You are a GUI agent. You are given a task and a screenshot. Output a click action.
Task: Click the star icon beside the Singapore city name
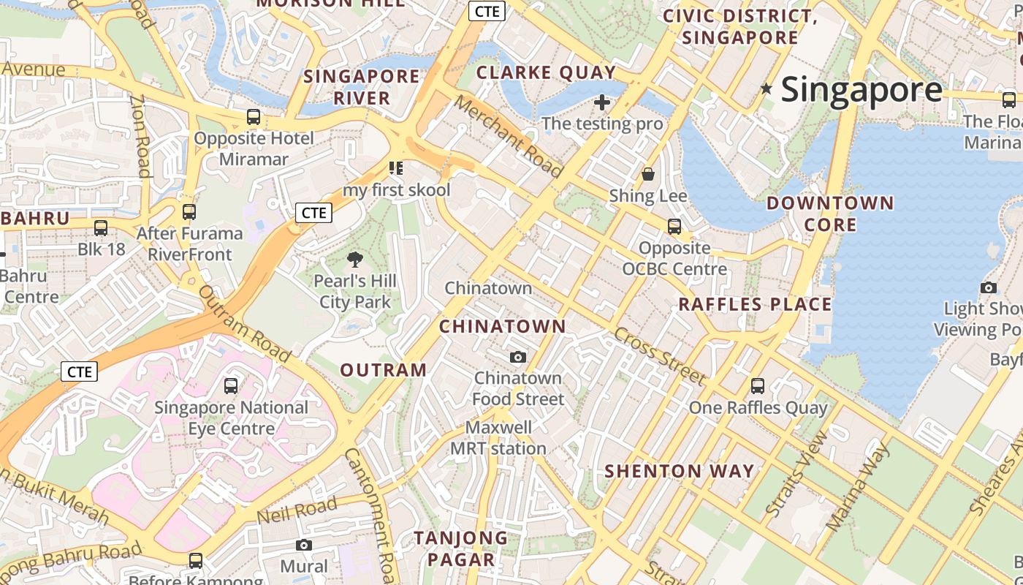coord(766,89)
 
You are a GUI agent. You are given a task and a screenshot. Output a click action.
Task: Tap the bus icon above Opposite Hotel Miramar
coord(253,116)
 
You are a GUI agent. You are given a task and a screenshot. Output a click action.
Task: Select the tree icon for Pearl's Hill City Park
coord(355,259)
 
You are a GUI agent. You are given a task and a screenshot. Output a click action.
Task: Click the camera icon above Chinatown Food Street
coord(518,357)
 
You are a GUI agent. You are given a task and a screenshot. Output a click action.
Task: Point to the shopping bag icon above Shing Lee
coord(647,174)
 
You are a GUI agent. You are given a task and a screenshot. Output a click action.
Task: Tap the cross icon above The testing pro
coord(602,102)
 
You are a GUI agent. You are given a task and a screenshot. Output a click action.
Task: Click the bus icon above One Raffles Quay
coord(758,385)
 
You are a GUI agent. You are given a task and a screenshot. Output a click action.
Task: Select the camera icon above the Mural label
coord(304,545)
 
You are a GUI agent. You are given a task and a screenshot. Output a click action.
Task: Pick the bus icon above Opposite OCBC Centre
coord(674,226)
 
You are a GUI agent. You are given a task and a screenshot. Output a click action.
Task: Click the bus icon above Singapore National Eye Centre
coord(231,385)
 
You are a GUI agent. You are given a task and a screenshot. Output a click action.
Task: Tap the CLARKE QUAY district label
coord(546,72)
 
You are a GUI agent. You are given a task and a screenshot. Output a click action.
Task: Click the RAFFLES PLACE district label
coord(756,304)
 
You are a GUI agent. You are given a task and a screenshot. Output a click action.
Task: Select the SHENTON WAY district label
coord(680,471)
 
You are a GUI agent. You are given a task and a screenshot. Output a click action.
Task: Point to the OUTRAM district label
coord(384,370)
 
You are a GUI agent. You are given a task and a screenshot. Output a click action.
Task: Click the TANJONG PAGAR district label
coord(461,548)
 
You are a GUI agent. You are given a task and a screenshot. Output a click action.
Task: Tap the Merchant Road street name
coord(509,137)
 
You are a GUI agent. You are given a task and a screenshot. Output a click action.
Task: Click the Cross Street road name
coord(660,356)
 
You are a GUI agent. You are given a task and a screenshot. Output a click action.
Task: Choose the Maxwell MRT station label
coord(498,437)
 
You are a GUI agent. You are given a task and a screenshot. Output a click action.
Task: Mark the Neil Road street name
coord(297,509)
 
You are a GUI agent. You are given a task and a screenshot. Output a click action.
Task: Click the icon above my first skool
coord(396,169)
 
